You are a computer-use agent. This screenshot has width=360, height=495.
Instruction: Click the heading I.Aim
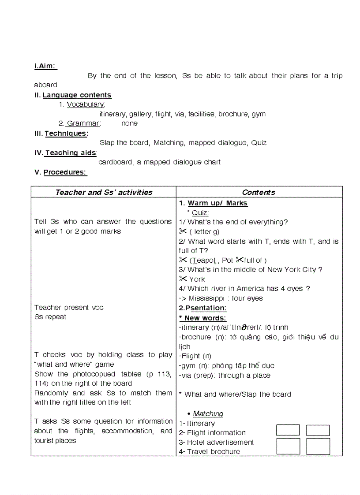[x=45, y=66]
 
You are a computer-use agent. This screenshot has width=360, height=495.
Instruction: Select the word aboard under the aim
[x=46, y=85]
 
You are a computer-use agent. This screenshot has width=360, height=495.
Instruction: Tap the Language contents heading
[x=77, y=95]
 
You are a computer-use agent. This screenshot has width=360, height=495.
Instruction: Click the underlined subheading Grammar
[x=83, y=124]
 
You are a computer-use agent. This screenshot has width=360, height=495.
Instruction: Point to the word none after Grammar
[x=129, y=124]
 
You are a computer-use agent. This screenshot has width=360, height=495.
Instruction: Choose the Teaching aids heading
[x=71, y=153]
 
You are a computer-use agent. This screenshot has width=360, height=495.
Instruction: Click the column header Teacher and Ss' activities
[x=104, y=192]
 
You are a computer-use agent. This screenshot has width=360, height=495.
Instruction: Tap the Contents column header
[x=259, y=192]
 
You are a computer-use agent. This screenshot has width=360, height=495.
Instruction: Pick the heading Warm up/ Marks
[x=217, y=203]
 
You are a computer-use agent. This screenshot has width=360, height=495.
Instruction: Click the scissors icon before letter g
[x=183, y=231]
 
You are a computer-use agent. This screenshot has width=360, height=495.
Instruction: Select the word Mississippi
[x=206, y=298]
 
